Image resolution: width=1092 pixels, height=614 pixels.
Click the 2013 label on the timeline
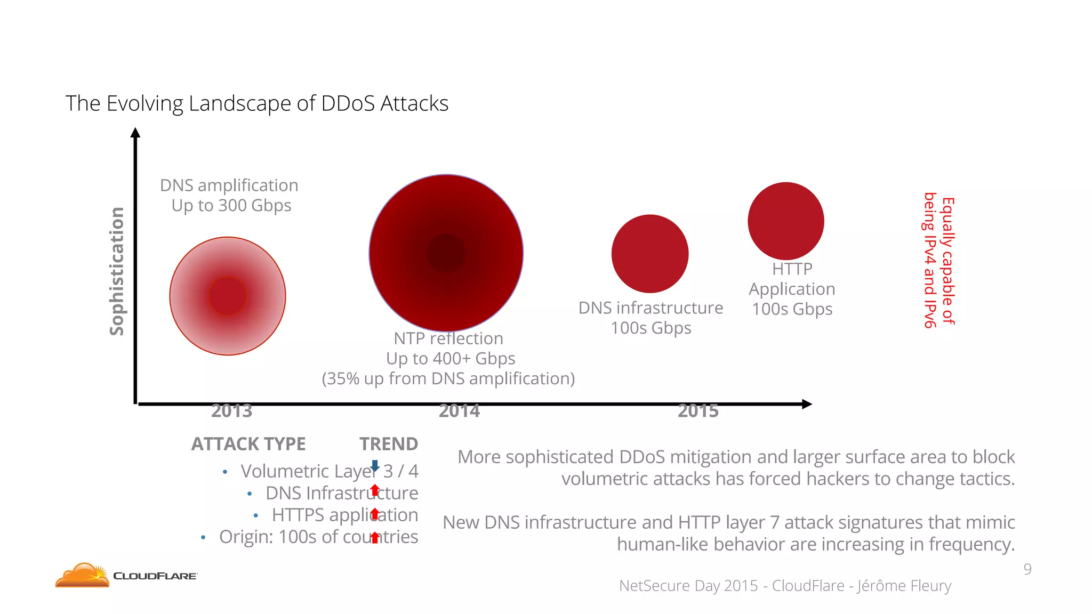pos(231,411)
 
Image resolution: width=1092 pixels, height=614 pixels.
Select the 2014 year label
pos(459,411)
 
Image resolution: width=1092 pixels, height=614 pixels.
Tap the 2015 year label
pos(698,411)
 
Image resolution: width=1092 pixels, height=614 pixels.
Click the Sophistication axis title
pos(117,271)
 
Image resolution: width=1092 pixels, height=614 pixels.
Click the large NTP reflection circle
pos(446,253)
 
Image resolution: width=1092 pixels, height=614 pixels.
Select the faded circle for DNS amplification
pos(228,296)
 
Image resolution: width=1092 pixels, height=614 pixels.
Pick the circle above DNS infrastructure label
pos(650,254)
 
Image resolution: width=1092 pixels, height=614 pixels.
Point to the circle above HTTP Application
pos(786,221)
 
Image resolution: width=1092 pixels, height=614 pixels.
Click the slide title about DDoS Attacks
pos(256,103)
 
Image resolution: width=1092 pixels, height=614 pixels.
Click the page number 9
pos(1027,569)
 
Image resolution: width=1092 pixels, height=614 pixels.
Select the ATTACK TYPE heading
pos(248,444)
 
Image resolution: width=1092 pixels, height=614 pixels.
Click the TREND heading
pos(388,444)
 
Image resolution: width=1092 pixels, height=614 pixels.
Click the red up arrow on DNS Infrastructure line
pos(375,490)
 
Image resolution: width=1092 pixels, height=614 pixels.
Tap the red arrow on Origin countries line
pos(375,537)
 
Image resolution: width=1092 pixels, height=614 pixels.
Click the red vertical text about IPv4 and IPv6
pos(939,261)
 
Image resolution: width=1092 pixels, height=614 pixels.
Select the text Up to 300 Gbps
pos(231,206)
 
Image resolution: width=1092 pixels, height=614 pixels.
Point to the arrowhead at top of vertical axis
pos(135,133)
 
